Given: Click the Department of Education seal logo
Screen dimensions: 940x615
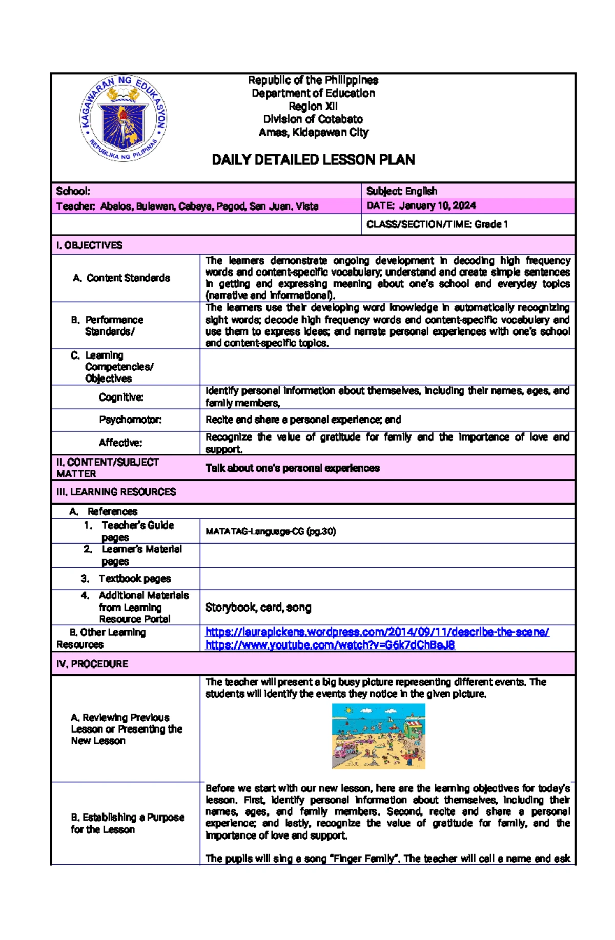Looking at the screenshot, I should pyautogui.click(x=123, y=118).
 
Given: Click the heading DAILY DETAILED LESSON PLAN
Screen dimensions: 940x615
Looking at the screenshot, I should pyautogui.click(x=313, y=160).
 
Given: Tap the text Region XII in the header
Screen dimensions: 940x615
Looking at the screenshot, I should pyautogui.click(x=313, y=106).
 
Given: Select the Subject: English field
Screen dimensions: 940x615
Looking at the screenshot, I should pyautogui.click(x=402, y=191).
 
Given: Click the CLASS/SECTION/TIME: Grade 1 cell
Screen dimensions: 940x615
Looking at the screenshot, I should pyautogui.click(x=437, y=224).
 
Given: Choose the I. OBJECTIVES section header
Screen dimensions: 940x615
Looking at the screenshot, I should pyautogui.click(x=90, y=245).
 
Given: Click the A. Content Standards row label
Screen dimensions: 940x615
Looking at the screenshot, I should pyautogui.click(x=121, y=278).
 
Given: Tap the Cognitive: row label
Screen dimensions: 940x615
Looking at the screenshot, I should pyautogui.click(x=121, y=397).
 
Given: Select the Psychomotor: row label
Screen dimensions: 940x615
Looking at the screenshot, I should pyautogui.click(x=130, y=420).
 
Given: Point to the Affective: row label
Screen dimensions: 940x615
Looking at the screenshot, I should pyautogui.click(x=120, y=443).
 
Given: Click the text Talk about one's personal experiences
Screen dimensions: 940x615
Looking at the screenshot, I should pyautogui.click(x=292, y=468).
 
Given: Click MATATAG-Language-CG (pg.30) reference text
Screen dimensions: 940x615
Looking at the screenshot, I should pyautogui.click(x=271, y=531).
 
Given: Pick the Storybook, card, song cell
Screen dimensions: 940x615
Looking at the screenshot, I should pyautogui.click(x=258, y=607).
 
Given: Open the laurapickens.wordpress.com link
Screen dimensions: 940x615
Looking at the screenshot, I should pyautogui.click(x=377, y=632).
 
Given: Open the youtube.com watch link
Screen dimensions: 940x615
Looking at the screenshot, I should pyautogui.click(x=330, y=644).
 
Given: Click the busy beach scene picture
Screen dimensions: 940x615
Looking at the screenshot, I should pyautogui.click(x=378, y=736).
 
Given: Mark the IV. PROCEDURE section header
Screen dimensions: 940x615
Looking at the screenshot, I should pyautogui.click(x=92, y=664).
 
